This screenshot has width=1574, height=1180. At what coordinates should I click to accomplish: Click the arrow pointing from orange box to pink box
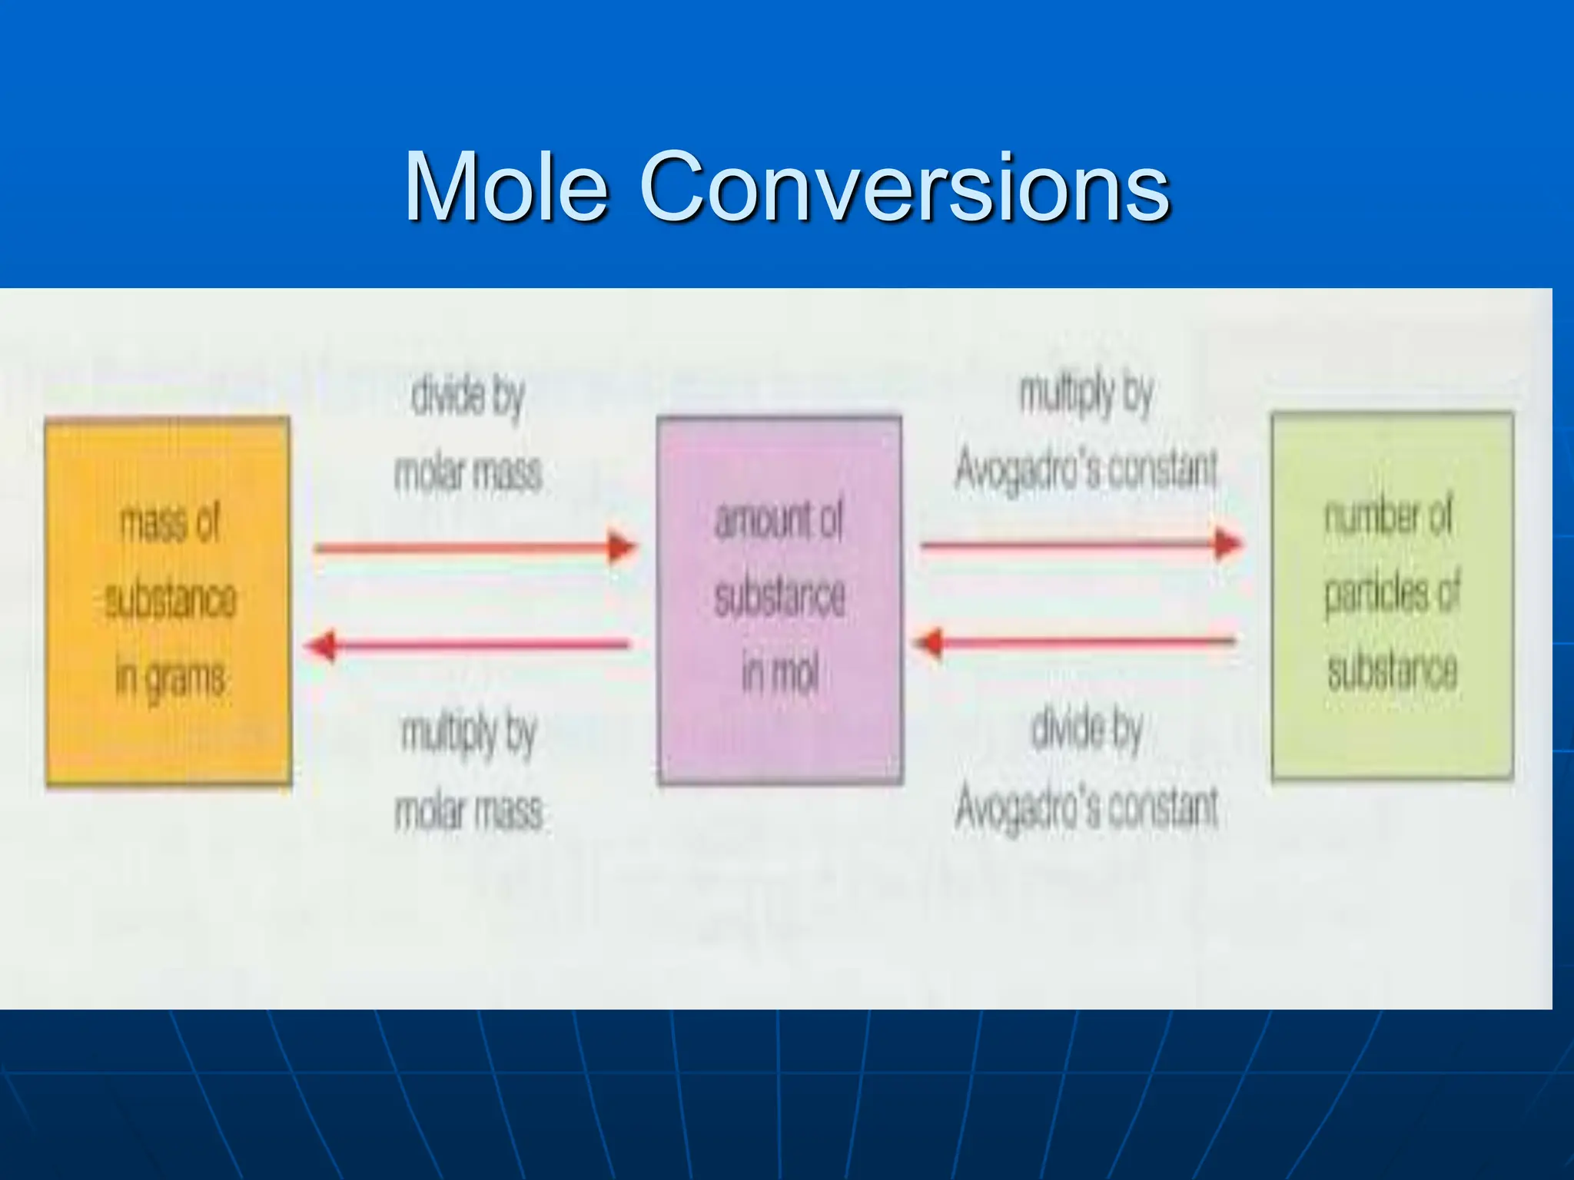[x=475, y=548]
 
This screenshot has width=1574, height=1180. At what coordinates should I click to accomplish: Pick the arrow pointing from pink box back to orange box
[x=467, y=645]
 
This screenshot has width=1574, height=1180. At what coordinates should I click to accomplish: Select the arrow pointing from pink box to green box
[x=1081, y=545]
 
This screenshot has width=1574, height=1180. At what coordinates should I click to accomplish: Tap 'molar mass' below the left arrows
[x=469, y=812]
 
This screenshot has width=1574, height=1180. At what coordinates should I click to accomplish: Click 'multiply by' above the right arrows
[x=1086, y=394]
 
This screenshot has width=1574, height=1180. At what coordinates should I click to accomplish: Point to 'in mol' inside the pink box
[x=779, y=673]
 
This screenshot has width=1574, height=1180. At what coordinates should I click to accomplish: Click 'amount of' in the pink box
[x=779, y=520]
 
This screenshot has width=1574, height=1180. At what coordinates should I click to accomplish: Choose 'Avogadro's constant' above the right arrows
[x=1087, y=469]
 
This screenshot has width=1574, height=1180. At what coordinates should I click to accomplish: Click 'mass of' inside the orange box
[x=170, y=523]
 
